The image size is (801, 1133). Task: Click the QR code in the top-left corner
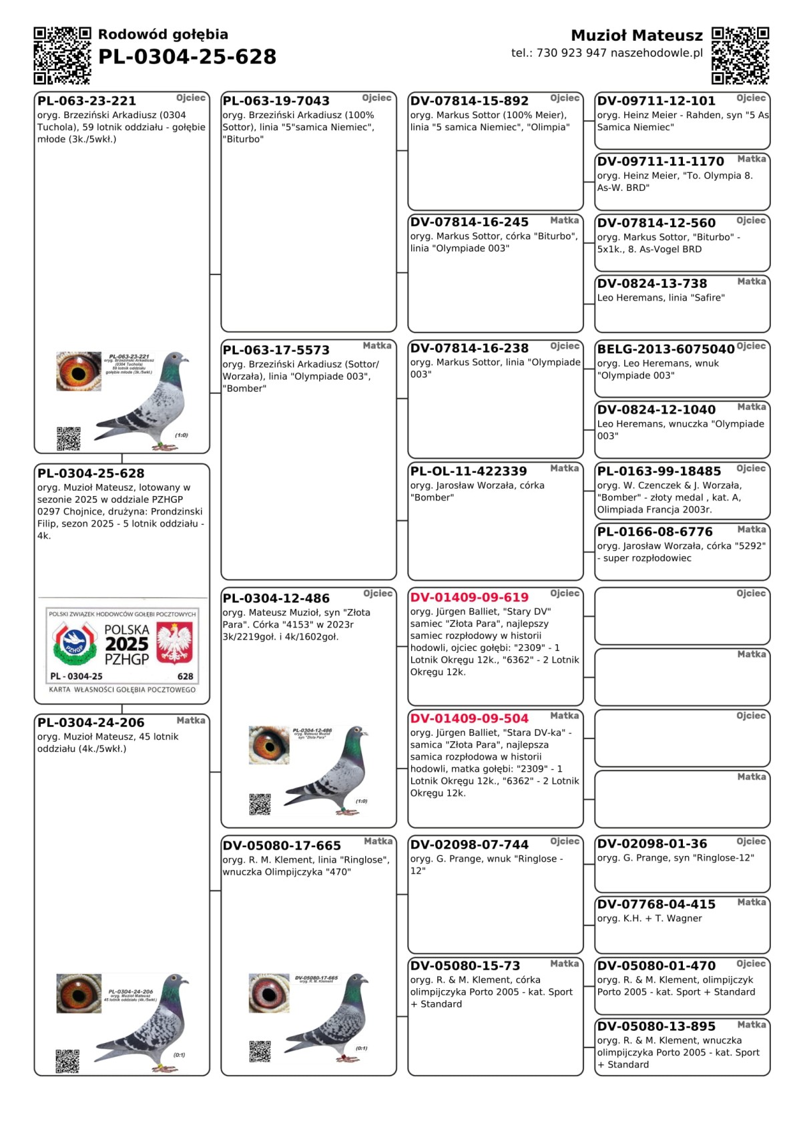tap(62, 55)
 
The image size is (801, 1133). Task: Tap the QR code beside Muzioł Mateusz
tap(740, 55)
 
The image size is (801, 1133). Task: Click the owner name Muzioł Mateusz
tap(636, 35)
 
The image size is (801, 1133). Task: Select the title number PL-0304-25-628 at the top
tap(187, 57)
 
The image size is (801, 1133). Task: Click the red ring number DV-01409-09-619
tap(469, 598)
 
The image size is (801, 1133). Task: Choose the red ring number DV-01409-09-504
tap(469, 718)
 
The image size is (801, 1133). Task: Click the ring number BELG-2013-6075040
tap(665, 349)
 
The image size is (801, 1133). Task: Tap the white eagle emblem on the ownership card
tap(174, 642)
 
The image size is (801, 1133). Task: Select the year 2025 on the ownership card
tap(127, 644)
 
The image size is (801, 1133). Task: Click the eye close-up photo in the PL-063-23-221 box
tap(79, 371)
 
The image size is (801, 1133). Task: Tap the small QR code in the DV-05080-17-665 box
tap(260, 1051)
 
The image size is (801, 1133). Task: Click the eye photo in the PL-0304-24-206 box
tap(79, 993)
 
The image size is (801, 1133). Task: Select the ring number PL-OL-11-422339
tap(468, 471)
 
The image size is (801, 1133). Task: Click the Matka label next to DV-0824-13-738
tap(751, 282)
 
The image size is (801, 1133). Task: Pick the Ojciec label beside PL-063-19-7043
tap(376, 98)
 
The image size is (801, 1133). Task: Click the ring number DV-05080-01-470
tap(656, 965)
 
